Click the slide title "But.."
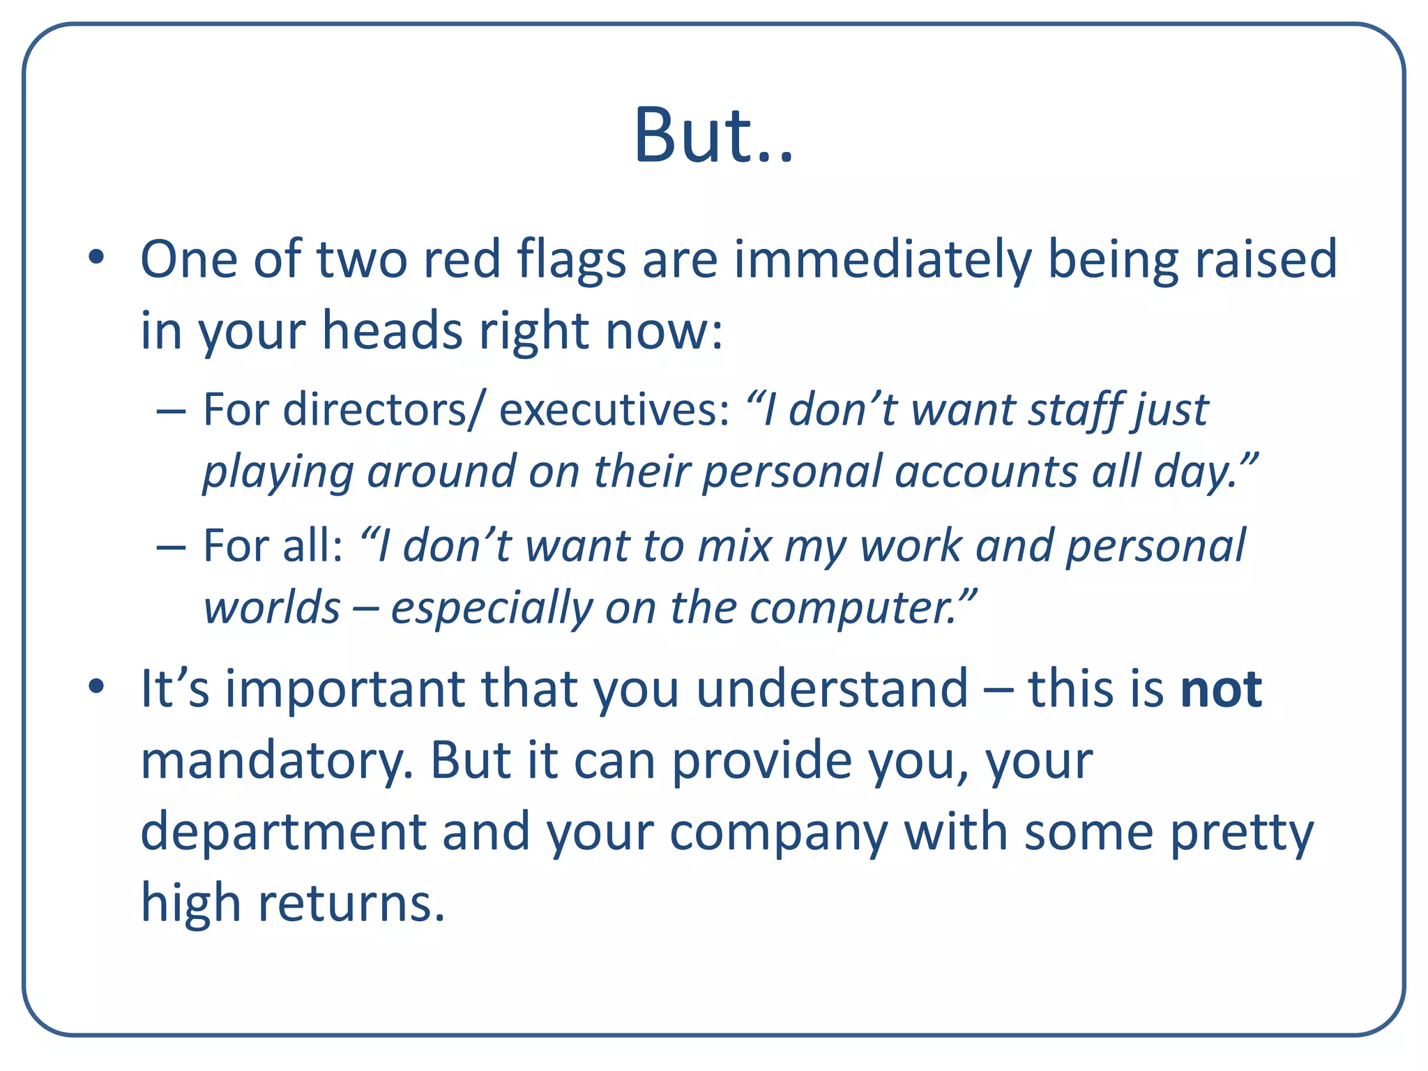point(713,135)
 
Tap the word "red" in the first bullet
point(462,259)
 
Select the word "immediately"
point(881,259)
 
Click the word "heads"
point(392,331)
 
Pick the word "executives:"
point(614,409)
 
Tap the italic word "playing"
point(278,472)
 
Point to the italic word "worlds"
point(272,608)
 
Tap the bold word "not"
point(1221,689)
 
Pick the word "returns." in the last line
point(351,904)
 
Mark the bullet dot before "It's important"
point(96,688)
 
